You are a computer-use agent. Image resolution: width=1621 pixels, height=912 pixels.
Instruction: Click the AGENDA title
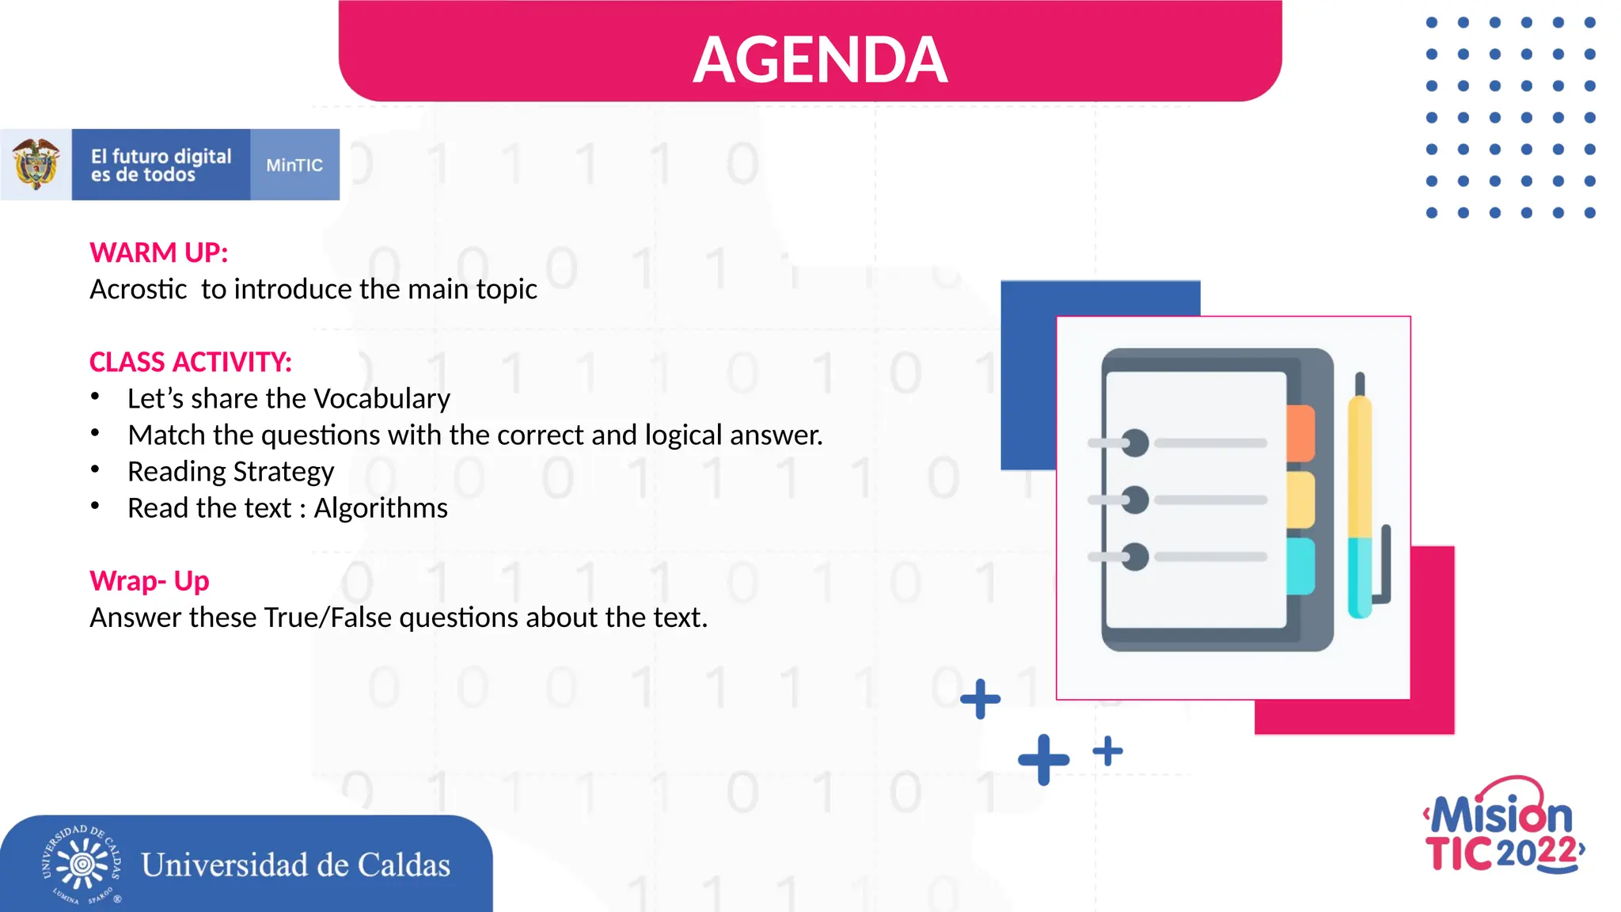click(x=820, y=60)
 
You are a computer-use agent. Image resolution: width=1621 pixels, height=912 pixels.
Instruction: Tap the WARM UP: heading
click(x=159, y=253)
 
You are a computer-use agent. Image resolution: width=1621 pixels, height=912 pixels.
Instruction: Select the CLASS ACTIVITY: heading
click(x=191, y=362)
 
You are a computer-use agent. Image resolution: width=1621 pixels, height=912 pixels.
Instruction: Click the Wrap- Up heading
click(x=150, y=580)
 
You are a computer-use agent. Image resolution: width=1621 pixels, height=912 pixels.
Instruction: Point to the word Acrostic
click(x=139, y=289)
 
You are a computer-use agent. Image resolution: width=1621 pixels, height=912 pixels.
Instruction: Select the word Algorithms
click(x=381, y=507)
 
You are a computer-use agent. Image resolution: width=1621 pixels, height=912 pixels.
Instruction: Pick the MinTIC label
click(x=294, y=165)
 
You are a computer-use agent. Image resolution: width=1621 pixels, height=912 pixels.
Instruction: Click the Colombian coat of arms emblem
click(x=36, y=164)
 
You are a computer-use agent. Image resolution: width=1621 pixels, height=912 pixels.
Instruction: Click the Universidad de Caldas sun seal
click(x=82, y=864)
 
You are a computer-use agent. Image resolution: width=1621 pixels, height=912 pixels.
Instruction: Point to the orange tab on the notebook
click(x=1300, y=432)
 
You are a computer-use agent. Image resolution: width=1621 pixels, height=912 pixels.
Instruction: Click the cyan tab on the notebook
click(x=1300, y=566)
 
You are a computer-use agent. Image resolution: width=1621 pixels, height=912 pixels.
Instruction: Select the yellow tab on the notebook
click(x=1300, y=500)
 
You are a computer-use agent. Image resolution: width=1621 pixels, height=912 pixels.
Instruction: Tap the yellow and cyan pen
click(x=1361, y=499)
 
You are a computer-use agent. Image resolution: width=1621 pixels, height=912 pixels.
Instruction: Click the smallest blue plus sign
click(x=1107, y=750)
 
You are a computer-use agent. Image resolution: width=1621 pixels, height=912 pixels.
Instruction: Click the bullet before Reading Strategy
click(x=95, y=469)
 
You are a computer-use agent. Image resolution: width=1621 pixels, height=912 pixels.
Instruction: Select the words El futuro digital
click(x=161, y=156)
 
